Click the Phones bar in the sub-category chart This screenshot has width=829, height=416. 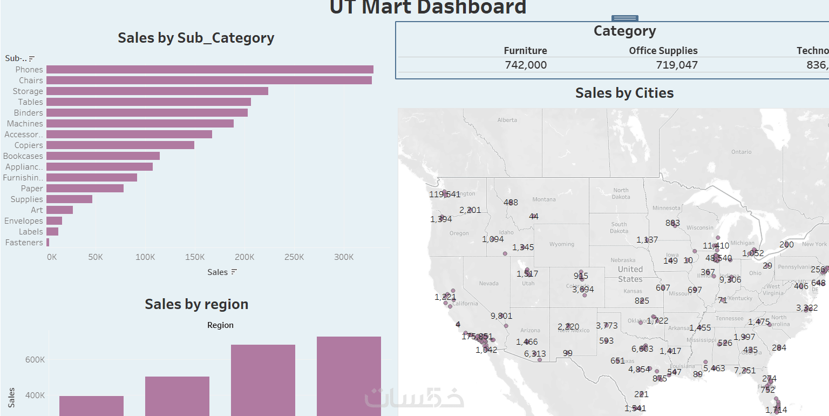tap(209, 70)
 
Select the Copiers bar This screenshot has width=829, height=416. tap(120, 145)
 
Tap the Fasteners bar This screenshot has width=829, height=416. tap(47, 243)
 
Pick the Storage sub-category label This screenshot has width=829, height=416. tap(28, 91)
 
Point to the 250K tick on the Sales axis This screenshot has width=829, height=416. tap(294, 257)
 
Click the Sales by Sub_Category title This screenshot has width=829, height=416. tap(196, 38)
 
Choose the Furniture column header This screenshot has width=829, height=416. tap(525, 51)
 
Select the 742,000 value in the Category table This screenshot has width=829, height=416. tap(526, 65)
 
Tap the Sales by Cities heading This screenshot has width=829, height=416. tap(624, 93)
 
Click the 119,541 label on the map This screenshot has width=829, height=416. tap(445, 194)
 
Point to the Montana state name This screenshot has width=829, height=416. tap(543, 199)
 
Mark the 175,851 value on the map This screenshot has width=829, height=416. tap(477, 337)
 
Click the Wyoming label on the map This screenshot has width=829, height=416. tap(561, 244)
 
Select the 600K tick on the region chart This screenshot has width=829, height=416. tap(35, 360)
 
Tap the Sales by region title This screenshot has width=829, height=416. tap(196, 304)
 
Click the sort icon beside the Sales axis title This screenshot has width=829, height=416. tap(234, 272)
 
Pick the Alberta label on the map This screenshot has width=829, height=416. tap(507, 120)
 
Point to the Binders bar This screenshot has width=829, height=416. tap(147, 113)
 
